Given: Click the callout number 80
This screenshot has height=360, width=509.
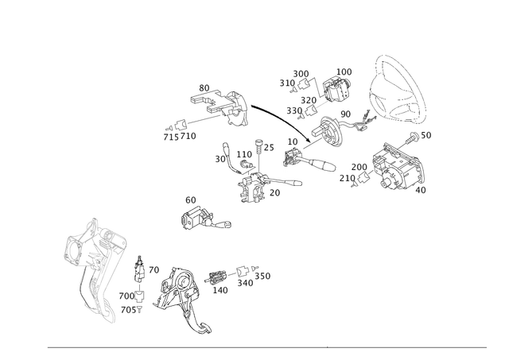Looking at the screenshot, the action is point(204,88).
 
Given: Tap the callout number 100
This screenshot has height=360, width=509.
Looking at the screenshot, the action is point(344,72).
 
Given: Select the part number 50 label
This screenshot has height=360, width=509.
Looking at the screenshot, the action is point(426,135).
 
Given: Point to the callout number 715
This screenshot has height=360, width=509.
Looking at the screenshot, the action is point(171,137).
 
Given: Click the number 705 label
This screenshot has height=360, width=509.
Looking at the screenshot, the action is point(128,310).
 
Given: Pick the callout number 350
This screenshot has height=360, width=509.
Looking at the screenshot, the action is point(262,276).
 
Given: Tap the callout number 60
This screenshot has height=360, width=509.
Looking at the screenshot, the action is point(191,200).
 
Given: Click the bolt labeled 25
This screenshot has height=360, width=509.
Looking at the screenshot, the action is point(258,147).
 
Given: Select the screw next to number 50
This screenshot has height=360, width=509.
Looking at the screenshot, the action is point(412,137).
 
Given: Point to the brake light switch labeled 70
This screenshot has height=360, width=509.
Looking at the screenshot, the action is point(140,269).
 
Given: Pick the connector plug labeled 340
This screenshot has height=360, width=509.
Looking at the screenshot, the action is point(242,272).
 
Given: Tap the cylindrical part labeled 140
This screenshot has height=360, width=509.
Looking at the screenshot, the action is point(216,278).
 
